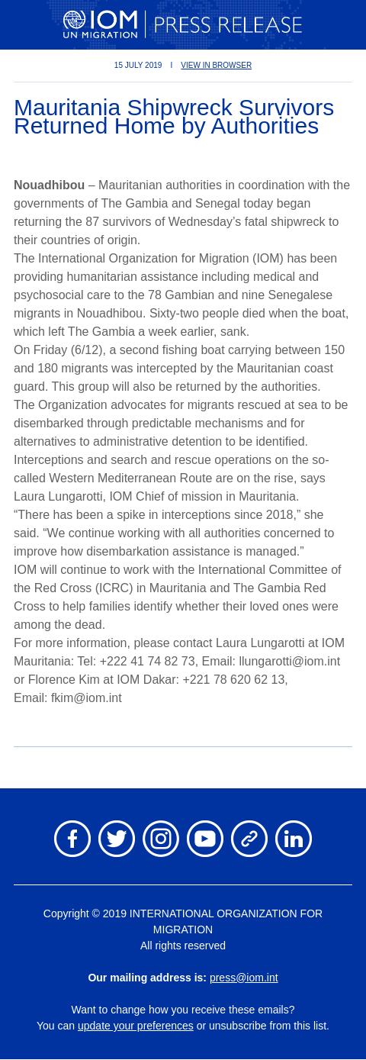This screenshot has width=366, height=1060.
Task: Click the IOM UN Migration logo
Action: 100,24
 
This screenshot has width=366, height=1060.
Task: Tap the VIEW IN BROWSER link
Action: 216,66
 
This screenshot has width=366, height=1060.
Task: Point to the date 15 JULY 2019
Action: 138,66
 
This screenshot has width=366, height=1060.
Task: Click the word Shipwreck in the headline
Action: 180,108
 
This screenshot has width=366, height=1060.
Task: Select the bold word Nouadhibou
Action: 49,185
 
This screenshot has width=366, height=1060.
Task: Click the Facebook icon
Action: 72,839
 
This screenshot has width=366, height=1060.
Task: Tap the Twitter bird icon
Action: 117,839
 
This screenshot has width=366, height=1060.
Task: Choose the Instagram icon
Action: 161,839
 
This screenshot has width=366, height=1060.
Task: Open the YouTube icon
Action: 205,839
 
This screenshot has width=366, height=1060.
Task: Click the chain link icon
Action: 249,839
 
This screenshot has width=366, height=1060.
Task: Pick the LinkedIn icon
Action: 294,839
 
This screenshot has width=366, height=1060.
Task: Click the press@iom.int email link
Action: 243,978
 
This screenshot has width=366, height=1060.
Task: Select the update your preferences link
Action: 135,1026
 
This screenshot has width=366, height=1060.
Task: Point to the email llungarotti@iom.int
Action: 289,662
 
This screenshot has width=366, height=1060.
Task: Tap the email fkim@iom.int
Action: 86,698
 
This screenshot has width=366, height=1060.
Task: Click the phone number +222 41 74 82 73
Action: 147,662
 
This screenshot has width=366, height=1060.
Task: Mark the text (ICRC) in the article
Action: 114,588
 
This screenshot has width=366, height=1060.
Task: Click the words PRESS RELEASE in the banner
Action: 228,25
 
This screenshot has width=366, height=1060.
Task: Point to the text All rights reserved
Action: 183,946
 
